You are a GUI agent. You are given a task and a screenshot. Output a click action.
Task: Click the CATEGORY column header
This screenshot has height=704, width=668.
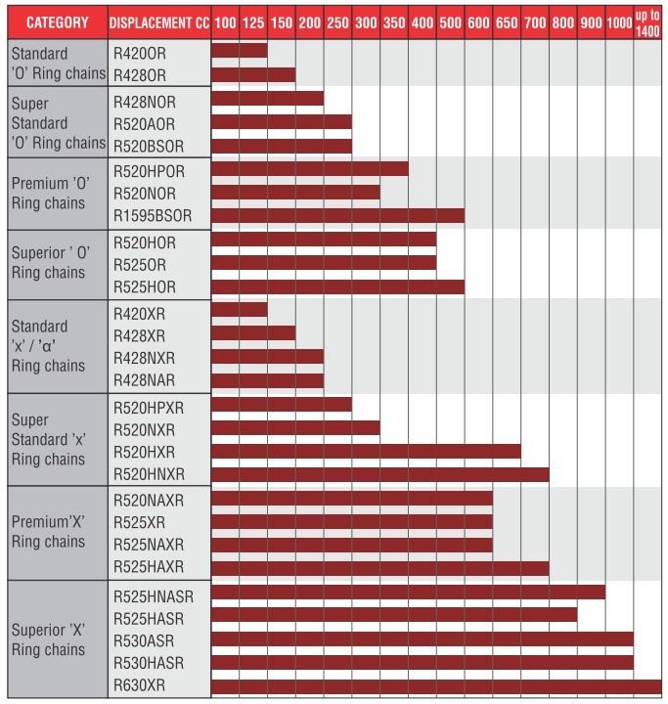pos(57,22)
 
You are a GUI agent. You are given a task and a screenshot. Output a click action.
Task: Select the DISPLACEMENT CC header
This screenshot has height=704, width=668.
pos(158,22)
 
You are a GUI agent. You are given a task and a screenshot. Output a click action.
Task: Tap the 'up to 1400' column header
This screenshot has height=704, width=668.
pos(647,22)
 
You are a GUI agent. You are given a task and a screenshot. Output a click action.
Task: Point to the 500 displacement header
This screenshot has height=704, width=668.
pos(451,22)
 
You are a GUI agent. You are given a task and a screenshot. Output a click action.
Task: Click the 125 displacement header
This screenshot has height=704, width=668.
pos(253,22)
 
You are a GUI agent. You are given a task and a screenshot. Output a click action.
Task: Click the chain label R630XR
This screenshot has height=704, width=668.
pos(140,684)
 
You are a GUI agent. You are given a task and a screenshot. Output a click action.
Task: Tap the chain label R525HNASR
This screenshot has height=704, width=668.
pos(155,593)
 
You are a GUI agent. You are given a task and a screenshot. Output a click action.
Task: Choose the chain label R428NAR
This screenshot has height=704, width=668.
pos(145,380)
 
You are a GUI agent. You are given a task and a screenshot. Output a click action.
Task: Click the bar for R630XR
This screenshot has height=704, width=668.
pos(436,685)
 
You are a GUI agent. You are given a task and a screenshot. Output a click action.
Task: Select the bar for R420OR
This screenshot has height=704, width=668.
pos(240,51)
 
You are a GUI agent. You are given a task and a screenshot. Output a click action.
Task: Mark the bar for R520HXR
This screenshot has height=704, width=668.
pos(366,451)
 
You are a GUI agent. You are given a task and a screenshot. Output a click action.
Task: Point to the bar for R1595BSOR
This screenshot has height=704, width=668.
pos(337,216)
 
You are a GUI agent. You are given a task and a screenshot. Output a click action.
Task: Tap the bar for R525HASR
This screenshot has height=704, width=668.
pos(394,615)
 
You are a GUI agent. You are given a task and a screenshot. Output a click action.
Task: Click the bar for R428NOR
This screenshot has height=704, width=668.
pos(267,98)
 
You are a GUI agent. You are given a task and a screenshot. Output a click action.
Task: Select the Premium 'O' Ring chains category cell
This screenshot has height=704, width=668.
pos(58,193)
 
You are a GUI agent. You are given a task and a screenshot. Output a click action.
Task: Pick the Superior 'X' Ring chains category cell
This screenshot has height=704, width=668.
pos(58,639)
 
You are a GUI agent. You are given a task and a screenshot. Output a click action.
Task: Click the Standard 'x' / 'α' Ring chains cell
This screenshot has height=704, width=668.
pos(58,345)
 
